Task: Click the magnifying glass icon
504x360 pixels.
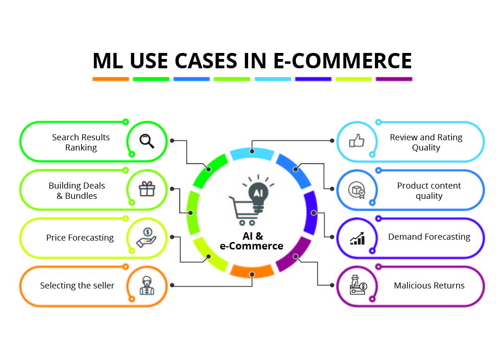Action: (x=147, y=141)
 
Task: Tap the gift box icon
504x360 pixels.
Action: (x=146, y=189)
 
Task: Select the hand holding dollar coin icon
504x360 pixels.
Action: (x=146, y=237)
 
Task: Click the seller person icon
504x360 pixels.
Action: (x=146, y=286)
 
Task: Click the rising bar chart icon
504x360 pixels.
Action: (x=357, y=238)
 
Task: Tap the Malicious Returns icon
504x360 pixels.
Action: (x=357, y=286)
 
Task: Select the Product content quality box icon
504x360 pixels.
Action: (x=357, y=190)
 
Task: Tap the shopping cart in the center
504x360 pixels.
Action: (x=242, y=209)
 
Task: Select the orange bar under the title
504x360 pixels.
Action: (x=111, y=79)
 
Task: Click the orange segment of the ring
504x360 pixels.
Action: (x=252, y=270)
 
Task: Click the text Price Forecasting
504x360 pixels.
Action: (x=80, y=237)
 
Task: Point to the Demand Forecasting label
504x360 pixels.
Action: (x=429, y=237)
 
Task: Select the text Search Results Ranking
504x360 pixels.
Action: (x=81, y=142)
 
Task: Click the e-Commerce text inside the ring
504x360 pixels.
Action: (x=251, y=246)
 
